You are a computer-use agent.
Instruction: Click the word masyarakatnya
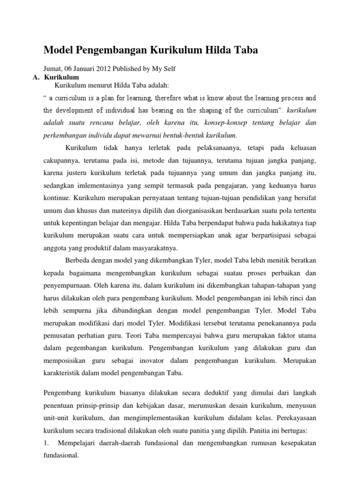(x=159, y=248)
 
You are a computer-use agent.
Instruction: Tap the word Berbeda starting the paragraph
(x=76, y=261)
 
